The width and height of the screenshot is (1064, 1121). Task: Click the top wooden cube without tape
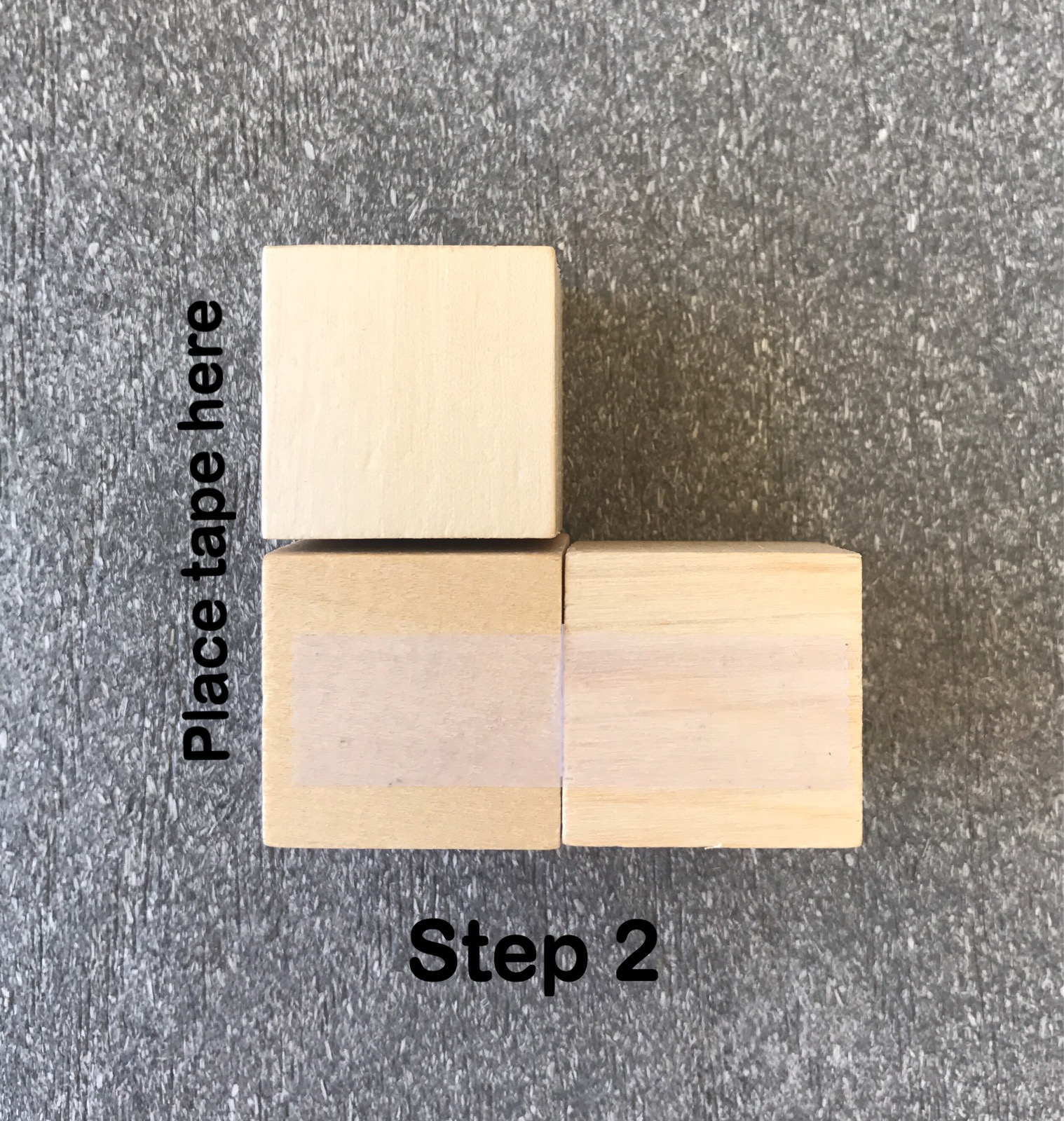point(411,392)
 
